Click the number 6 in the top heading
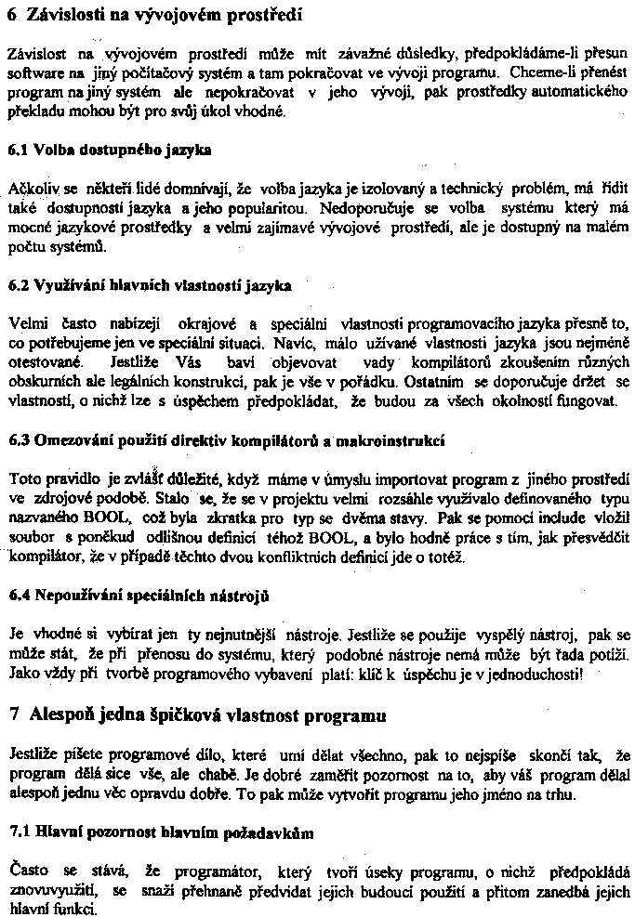[12, 15]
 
